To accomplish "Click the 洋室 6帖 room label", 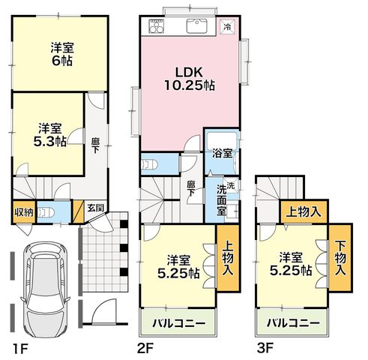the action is coord(62,54).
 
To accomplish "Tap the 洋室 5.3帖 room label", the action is coord(50,135).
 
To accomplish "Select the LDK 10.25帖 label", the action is coord(190,79).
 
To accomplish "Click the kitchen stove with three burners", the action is coord(157,26).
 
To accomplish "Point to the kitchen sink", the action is coord(197,26).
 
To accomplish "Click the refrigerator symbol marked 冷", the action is coord(227,26).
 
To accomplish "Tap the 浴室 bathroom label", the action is coord(223,154).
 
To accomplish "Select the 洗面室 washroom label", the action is coord(221,200).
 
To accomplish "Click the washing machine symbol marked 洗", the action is coord(231,186).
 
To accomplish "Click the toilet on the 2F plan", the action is coord(149,165).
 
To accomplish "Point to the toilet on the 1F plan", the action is coord(46,213).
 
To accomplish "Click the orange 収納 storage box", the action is coord(24,212).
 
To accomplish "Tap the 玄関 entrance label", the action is coord(95,208).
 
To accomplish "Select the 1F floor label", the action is coord(20,349).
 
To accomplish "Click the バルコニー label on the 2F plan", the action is coord(179,323).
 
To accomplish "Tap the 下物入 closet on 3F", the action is coord(340,257).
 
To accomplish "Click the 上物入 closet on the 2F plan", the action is coord(228,257).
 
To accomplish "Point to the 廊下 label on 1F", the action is coord(95,146).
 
